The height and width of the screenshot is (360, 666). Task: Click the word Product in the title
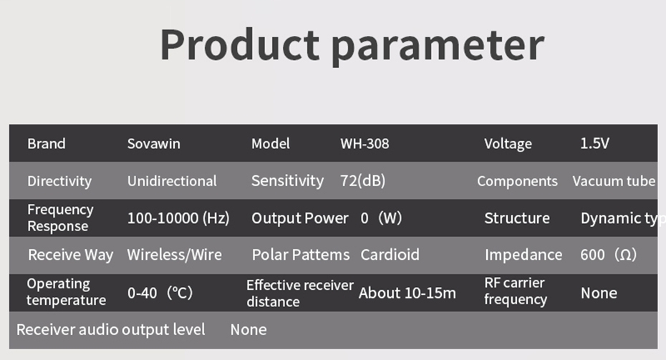240,45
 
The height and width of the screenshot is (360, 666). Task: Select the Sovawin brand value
154,143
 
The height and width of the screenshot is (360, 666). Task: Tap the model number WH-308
365,143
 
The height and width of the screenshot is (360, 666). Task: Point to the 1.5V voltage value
594,143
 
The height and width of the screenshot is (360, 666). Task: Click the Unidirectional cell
172,181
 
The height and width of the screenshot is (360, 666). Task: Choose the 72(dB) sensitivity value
362,181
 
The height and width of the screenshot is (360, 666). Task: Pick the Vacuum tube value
614,181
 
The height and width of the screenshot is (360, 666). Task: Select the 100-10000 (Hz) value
178,218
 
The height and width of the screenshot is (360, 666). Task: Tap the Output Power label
300,218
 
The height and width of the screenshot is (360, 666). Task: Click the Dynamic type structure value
623,218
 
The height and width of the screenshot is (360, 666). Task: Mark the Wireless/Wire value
175,255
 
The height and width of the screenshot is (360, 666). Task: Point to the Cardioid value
390,255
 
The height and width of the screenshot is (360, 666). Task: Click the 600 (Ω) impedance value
608,255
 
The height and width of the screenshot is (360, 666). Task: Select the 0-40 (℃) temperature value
160,293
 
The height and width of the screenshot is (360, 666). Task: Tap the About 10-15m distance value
407,293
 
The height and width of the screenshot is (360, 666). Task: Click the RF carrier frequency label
516,291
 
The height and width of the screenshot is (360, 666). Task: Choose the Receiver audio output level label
111,330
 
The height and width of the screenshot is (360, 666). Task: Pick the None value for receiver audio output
248,330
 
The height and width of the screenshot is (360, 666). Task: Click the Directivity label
59,181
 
